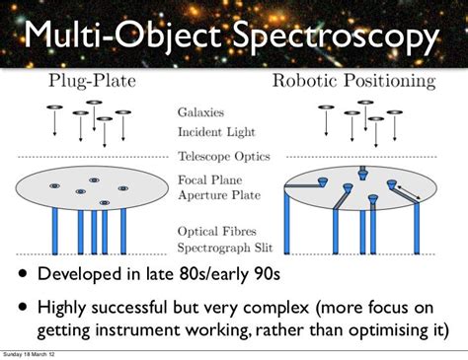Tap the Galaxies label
[202, 113]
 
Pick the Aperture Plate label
[219, 197]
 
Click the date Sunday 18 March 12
[29, 352]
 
